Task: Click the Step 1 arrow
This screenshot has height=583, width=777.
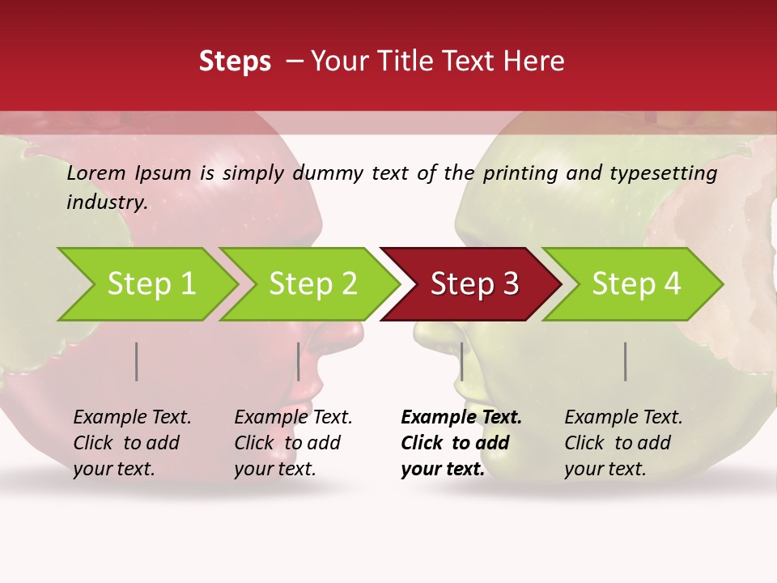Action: point(151,283)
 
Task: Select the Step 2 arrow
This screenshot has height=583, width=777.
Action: point(312,283)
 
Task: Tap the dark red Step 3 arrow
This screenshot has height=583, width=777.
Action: point(474,283)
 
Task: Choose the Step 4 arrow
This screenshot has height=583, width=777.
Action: point(635,283)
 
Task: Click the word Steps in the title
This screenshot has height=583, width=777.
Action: point(235,61)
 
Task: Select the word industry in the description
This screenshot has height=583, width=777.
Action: point(107,202)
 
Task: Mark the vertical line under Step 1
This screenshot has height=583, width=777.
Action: point(137,361)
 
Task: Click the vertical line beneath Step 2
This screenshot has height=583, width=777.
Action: point(299,361)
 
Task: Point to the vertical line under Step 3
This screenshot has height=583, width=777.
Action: point(461,361)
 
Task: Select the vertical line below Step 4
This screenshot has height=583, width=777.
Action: point(626,361)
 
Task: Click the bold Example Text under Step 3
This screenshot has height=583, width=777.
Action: point(461,418)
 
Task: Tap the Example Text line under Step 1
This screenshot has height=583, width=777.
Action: point(132,418)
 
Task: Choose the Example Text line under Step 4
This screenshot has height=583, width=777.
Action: point(623,418)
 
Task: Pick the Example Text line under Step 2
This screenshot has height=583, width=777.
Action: point(293,418)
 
